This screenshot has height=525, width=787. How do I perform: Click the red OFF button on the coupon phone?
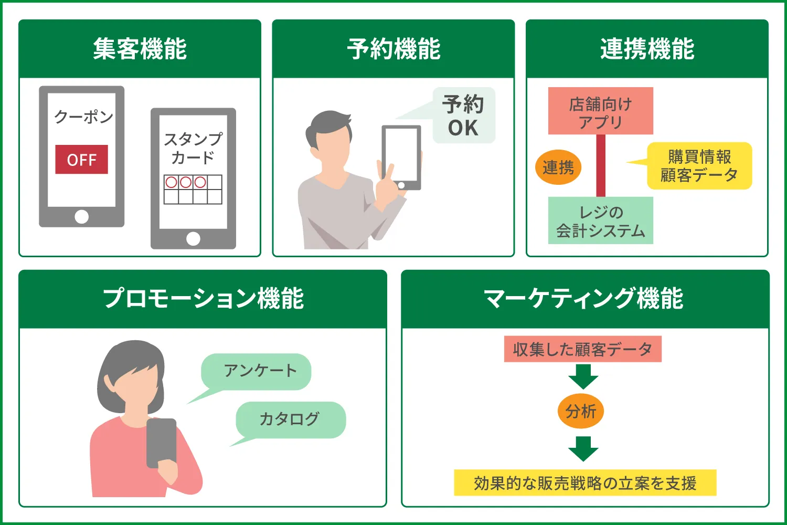click(x=81, y=160)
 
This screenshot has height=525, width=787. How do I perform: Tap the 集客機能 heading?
click(x=140, y=49)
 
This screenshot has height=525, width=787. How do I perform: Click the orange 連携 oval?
click(x=558, y=167)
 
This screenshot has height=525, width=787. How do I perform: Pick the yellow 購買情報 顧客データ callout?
click(x=699, y=166)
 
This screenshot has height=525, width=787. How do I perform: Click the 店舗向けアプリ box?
click(x=600, y=111)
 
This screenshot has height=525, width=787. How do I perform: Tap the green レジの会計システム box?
click(x=600, y=220)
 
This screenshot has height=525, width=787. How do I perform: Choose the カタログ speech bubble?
click(x=290, y=419)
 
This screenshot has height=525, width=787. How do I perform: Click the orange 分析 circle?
click(x=581, y=411)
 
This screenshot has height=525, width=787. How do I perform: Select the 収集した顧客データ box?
click(x=582, y=349)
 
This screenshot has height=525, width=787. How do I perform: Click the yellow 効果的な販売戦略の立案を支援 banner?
click(x=584, y=483)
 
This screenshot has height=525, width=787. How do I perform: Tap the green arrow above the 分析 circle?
click(x=583, y=376)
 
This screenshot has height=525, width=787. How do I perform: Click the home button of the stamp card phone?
click(x=193, y=239)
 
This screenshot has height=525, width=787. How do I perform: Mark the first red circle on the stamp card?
click(x=171, y=182)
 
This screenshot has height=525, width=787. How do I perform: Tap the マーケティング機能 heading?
click(x=584, y=299)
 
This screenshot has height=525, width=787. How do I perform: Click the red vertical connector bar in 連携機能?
click(x=601, y=165)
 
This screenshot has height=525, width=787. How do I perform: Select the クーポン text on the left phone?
click(x=84, y=116)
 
